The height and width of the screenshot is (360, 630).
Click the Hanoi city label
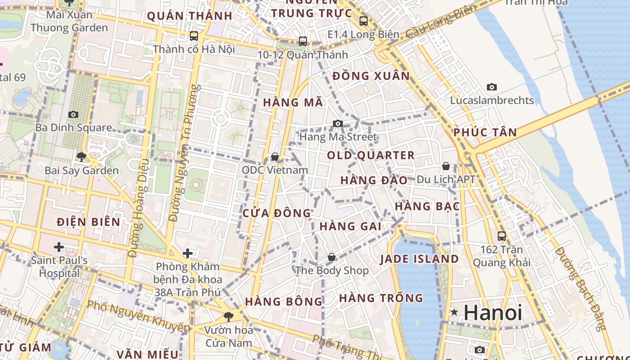click(493, 312)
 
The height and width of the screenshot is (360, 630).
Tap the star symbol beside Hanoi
click(454, 312)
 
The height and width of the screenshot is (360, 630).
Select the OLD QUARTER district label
click(370, 156)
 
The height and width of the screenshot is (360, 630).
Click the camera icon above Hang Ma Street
click(338, 123)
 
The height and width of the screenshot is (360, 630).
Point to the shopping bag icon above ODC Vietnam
click(275, 157)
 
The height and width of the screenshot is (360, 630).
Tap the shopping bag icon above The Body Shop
click(332, 257)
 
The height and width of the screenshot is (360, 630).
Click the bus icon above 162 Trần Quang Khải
click(501, 236)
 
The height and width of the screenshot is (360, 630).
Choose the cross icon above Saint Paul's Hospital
click(58, 247)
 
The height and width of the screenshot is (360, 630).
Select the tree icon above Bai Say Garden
click(81, 157)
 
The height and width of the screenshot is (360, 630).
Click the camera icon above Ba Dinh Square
click(73, 115)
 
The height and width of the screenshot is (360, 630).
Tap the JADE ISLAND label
click(419, 259)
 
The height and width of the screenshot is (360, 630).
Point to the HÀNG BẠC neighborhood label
click(427, 207)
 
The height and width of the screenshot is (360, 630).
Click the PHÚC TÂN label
click(485, 133)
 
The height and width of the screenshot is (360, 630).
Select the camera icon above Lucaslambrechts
click(492, 87)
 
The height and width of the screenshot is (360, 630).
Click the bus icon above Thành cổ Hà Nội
click(194, 36)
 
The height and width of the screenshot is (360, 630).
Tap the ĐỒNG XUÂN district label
click(371, 76)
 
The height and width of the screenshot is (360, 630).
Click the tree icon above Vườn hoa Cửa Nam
click(229, 316)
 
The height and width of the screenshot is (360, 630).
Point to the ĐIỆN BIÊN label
click(89, 222)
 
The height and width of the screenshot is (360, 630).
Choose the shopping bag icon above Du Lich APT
click(446, 166)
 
